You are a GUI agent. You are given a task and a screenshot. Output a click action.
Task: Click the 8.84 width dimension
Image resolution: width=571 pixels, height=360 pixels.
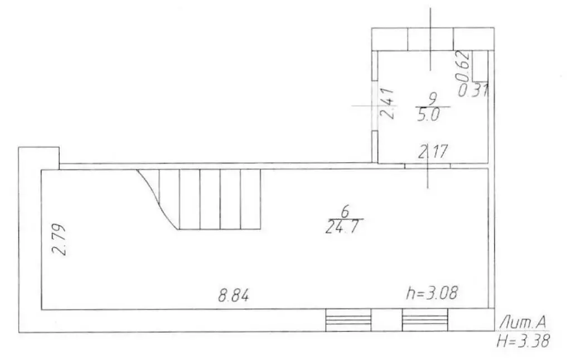(234, 295)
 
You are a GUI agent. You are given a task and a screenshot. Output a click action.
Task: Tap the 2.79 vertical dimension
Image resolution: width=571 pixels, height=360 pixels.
(59, 239)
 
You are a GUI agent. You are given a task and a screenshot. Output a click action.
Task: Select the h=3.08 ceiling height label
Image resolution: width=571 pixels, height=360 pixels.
(432, 293)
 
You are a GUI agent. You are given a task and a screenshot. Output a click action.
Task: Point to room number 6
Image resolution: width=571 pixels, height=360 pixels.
(345, 211)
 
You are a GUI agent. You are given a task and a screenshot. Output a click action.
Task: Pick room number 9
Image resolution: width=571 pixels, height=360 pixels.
(433, 99)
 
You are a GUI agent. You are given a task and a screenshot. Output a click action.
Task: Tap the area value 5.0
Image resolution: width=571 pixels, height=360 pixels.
(429, 115)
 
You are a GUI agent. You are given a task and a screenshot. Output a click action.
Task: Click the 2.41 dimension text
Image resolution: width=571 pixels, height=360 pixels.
(387, 104)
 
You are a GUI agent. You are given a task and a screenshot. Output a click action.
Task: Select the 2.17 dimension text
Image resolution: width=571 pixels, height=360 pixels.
(433, 152)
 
